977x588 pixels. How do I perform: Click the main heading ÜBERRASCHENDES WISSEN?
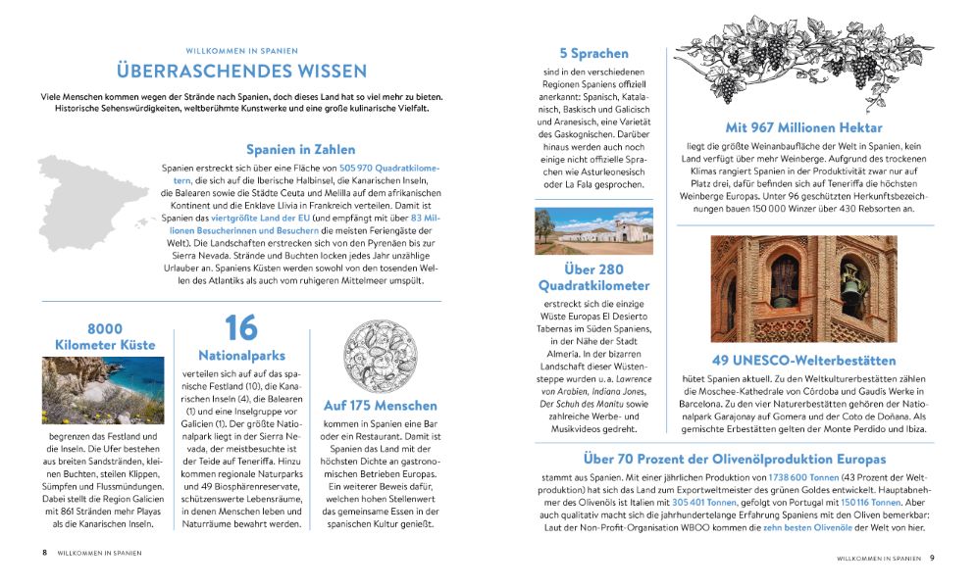coord(241,72)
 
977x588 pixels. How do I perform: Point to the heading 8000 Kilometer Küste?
coord(107,336)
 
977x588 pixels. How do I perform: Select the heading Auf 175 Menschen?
coord(380,405)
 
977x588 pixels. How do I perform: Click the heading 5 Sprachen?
coord(593,54)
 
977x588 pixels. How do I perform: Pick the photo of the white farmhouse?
coord(593,230)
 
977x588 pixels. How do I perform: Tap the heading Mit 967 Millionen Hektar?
coord(803,127)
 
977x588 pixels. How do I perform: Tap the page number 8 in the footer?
coord(44,553)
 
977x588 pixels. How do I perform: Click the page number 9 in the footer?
coord(932,558)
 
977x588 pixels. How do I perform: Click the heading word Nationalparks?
coord(240,355)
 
